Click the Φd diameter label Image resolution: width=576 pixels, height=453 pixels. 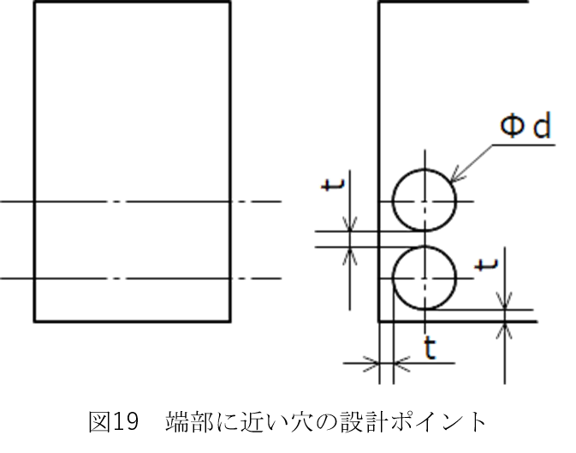tap(526, 127)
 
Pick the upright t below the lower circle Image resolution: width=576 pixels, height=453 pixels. tap(430, 348)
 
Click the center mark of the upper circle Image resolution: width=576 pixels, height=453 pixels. tap(424, 203)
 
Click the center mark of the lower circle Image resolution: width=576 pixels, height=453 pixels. tap(424, 278)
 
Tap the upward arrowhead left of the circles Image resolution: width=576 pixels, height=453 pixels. tap(350, 255)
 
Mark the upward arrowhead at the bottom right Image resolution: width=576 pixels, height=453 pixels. tap(505, 330)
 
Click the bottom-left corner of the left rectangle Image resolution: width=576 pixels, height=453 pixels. tap(33, 322)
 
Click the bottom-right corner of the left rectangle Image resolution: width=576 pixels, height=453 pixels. tap(229, 322)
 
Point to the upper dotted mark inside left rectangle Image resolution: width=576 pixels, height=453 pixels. tap(116, 203)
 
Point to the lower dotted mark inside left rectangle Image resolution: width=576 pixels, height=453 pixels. tap(116, 278)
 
